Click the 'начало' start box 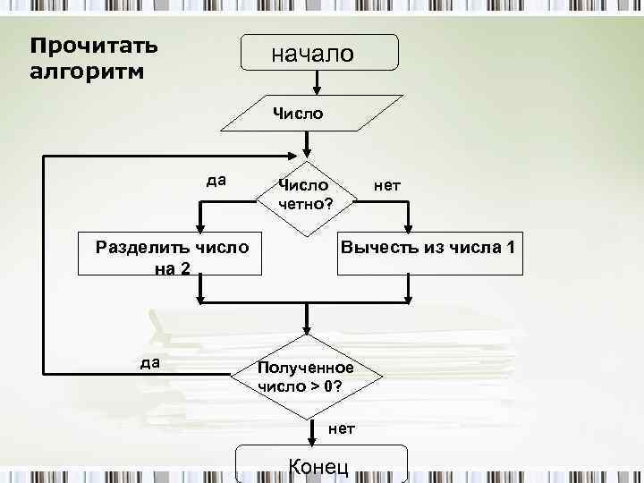(x=320, y=53)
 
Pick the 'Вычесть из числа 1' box (x=428, y=247)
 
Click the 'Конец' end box (x=320, y=465)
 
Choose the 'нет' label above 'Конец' (x=341, y=428)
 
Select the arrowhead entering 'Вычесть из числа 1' (x=410, y=229)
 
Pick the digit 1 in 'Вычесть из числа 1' (x=508, y=247)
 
